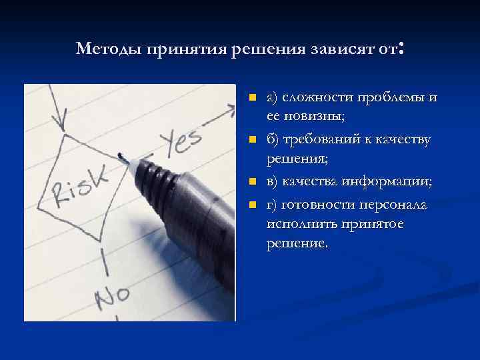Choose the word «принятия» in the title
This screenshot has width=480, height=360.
[187, 49]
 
